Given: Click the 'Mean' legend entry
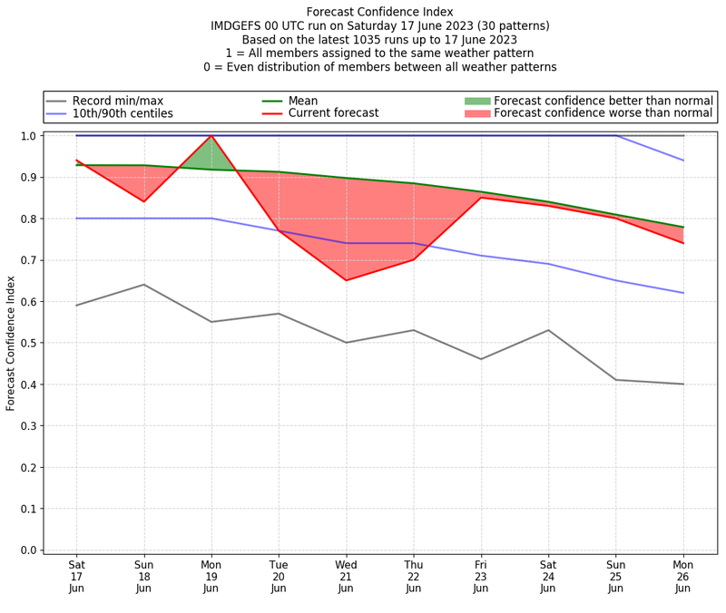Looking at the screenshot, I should point(301,101).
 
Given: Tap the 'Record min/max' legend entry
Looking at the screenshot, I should point(117,101).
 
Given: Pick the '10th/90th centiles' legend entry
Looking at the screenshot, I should point(123,113).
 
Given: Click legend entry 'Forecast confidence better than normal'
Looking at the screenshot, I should point(603,101).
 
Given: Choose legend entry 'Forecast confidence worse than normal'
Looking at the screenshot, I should point(603,113).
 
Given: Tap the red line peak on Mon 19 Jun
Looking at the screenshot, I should point(211,136).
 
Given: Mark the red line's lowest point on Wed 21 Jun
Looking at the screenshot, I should point(346,280).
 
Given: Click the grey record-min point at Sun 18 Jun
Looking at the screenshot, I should point(143,285).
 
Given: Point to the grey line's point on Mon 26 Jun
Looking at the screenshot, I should point(682,384).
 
